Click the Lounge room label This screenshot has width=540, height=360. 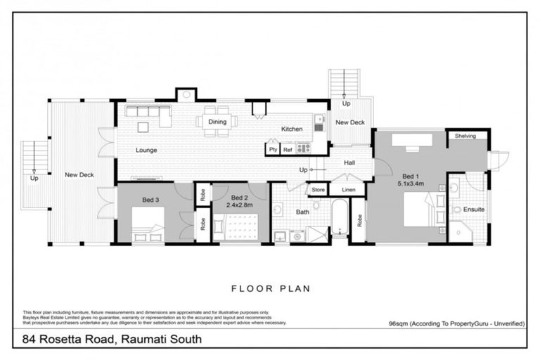(x=147, y=150)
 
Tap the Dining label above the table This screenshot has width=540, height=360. (x=217, y=122)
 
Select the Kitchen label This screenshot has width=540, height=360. (x=292, y=129)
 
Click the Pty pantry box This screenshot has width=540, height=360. (x=272, y=149)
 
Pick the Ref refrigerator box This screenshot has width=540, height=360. (x=288, y=149)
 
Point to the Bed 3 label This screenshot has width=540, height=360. (x=150, y=200)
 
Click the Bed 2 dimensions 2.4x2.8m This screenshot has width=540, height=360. (x=240, y=205)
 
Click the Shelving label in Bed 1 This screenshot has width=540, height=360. (x=465, y=136)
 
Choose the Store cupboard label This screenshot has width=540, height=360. (x=319, y=190)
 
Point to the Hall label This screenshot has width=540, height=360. (x=349, y=162)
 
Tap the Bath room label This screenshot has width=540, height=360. (x=302, y=212)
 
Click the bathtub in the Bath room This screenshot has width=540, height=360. (x=338, y=219)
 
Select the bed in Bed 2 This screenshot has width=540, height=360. (x=241, y=228)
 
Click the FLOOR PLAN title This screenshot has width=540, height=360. (x=270, y=288)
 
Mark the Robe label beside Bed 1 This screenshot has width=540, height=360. (x=359, y=220)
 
